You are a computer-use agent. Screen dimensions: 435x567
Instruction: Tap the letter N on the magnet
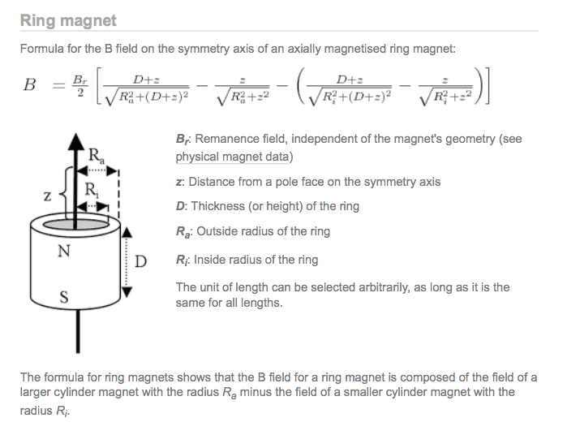tap(63, 251)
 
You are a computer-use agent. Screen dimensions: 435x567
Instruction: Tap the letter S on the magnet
tap(63, 297)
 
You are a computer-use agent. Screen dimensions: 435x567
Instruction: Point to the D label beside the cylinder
tap(140, 261)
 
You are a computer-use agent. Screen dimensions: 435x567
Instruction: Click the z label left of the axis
tap(47, 196)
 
